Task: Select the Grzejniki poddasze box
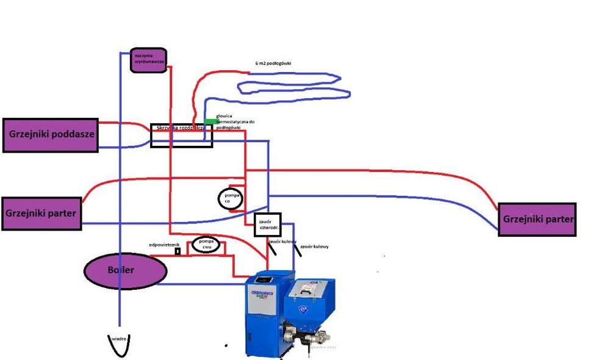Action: [50, 135]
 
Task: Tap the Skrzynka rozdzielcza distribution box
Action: [181, 135]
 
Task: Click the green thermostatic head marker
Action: [210, 121]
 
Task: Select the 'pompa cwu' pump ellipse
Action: [206, 245]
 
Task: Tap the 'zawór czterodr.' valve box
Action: [267, 225]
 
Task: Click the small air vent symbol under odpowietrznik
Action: [178, 251]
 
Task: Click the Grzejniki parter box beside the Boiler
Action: [41, 214]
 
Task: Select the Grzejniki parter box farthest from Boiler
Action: [537, 219]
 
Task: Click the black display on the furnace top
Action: [264, 280]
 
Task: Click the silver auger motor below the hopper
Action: [317, 335]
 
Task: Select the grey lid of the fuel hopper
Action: [311, 287]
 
